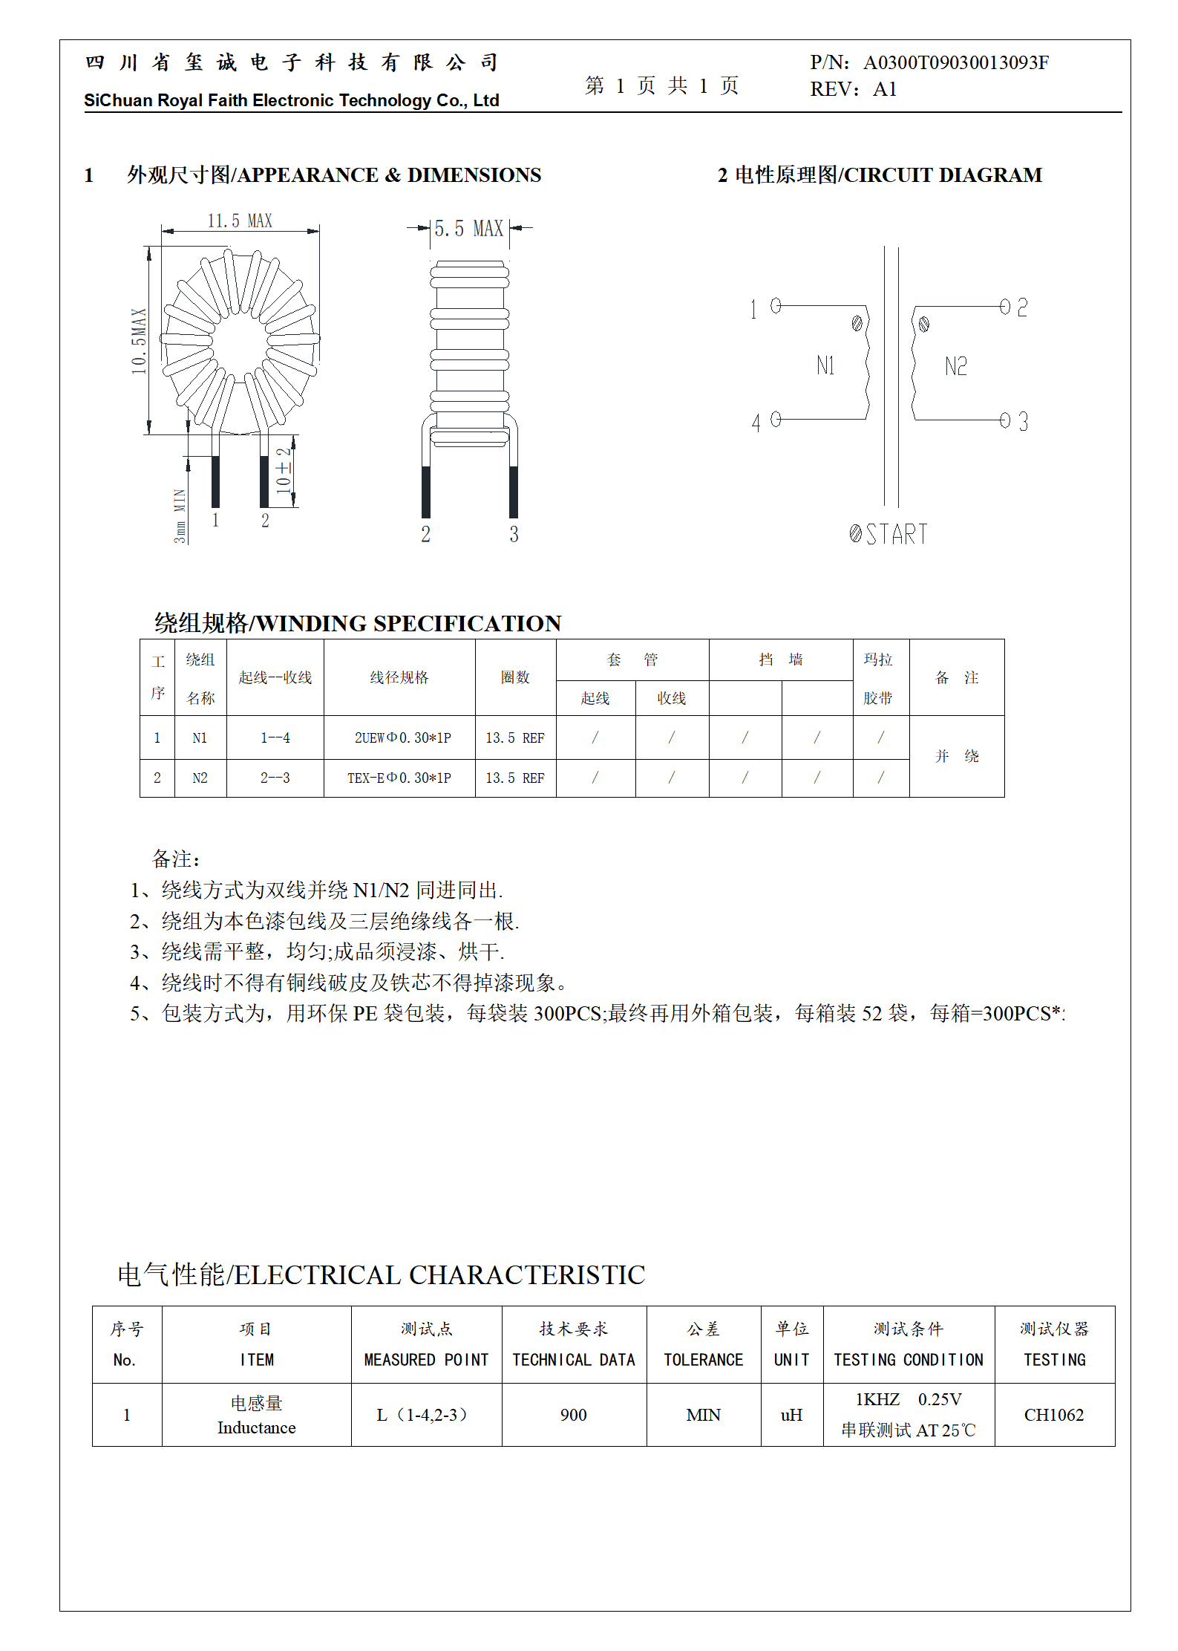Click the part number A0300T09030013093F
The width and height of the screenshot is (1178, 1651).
955,62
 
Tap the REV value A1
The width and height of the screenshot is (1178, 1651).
885,89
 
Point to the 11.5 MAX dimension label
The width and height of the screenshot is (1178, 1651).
240,221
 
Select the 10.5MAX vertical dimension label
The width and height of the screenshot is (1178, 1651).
139,342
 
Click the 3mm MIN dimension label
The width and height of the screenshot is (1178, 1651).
180,515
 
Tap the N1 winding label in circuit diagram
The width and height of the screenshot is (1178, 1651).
825,365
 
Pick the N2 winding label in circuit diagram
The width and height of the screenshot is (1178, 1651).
956,366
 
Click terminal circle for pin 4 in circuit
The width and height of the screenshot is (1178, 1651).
776,420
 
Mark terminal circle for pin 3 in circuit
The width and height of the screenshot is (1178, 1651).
1005,420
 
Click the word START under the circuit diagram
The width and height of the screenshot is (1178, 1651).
897,534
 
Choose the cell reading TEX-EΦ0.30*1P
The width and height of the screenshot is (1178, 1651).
399,778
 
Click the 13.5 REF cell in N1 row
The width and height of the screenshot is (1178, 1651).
515,737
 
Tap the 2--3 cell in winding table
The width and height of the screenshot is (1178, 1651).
275,778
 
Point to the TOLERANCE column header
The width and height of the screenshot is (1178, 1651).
703,1359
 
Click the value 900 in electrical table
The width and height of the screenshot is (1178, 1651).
573,1415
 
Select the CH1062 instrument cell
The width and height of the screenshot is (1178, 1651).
1053,1415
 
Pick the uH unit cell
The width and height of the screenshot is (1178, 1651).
791,1415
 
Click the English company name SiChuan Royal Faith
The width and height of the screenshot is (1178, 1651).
291,100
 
